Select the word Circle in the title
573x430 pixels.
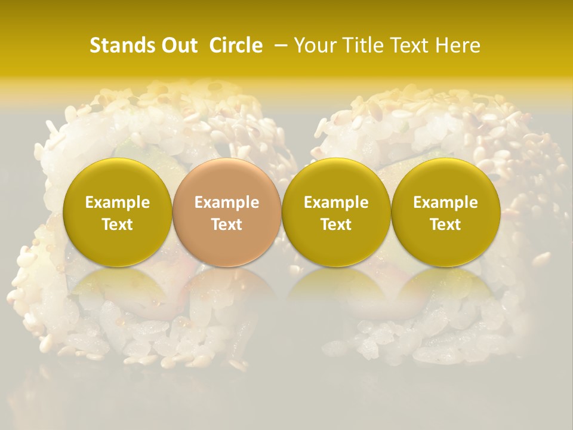click(236, 45)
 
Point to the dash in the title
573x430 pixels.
click(279, 45)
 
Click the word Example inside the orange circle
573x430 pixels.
click(227, 202)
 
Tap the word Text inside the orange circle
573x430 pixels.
click(227, 225)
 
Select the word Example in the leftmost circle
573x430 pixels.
click(118, 202)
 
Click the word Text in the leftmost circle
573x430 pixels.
click(118, 225)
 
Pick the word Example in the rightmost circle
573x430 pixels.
click(445, 202)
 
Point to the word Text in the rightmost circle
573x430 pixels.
click(445, 225)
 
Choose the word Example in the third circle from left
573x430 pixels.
click(336, 202)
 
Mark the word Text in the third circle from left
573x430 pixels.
click(336, 225)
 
